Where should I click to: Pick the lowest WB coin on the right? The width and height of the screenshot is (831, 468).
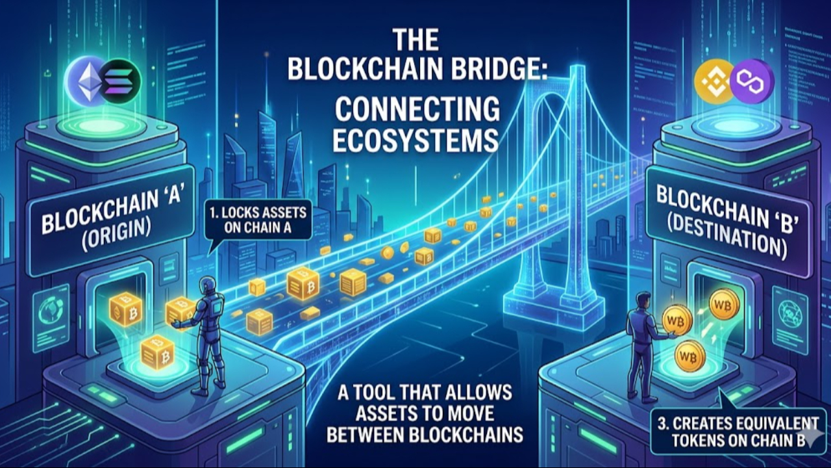[x=688, y=356]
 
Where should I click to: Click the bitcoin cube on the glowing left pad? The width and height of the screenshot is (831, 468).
[x=156, y=352]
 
